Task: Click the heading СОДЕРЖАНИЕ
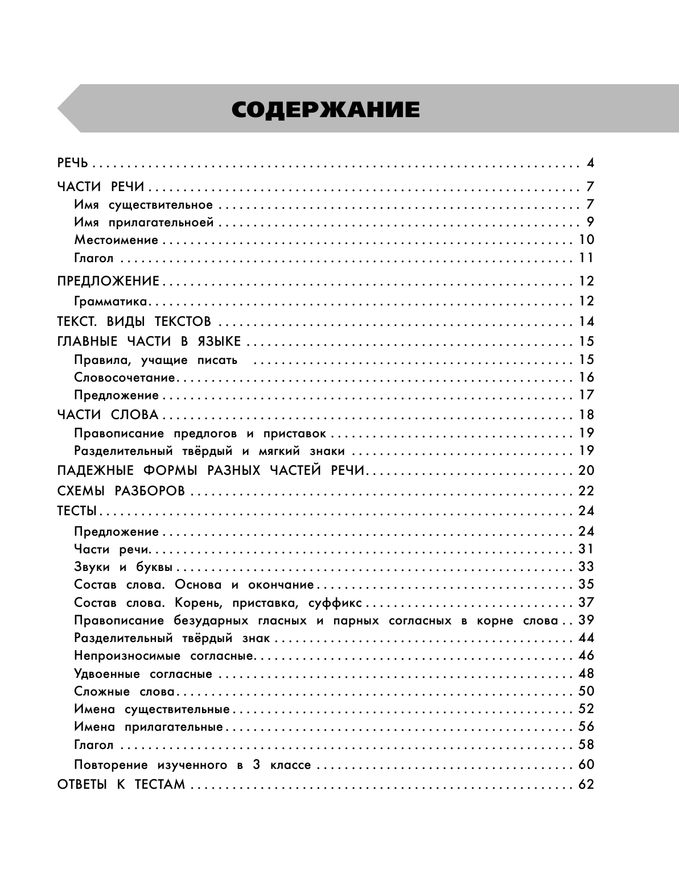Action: coord(326,110)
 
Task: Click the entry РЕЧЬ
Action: coord(73,164)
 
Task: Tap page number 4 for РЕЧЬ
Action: coord(590,164)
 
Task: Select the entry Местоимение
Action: coord(116,240)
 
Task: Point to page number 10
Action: coord(586,239)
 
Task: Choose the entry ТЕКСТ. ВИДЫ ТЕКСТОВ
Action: coord(134,321)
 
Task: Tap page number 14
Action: coord(586,321)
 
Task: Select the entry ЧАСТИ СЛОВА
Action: coord(108,415)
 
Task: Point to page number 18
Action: coord(586,415)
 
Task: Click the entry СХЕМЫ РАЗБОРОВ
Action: coord(121,491)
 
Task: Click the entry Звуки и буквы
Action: coord(124,567)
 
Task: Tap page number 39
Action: coord(586,620)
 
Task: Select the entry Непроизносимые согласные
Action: coord(163,656)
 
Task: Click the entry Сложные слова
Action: coord(125,692)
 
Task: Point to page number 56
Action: coord(586,726)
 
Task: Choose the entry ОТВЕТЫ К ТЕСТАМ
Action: coord(121,785)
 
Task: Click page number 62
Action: coord(586,785)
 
